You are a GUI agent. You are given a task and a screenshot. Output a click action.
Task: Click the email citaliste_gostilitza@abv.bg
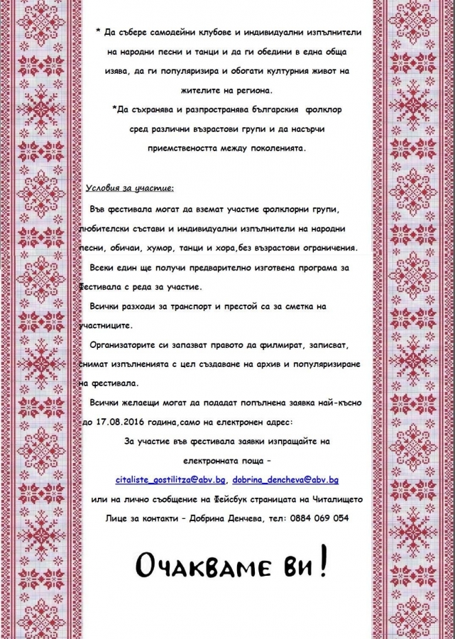tap(170, 481)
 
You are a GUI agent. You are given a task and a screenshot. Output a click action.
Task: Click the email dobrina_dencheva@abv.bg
tap(285, 481)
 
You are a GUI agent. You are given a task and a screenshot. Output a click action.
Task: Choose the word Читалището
tap(337, 499)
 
